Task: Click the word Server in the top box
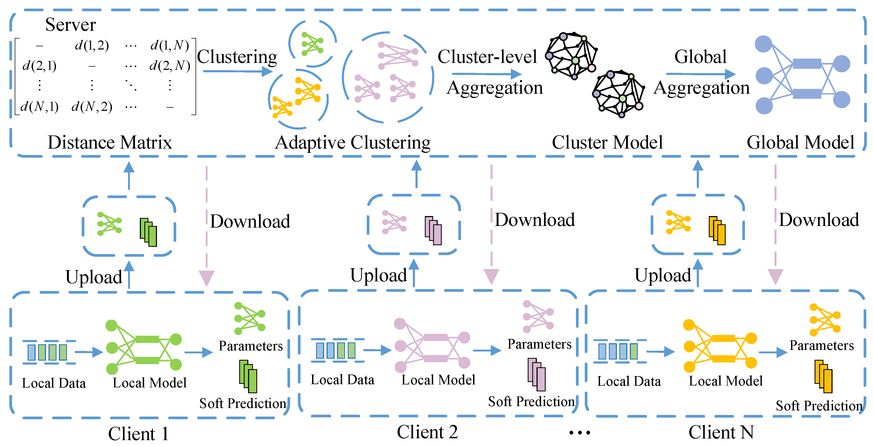70,25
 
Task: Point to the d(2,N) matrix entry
170,65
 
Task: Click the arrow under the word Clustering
237,71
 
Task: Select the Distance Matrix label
110,142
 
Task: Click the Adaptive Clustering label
353,142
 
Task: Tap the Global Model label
800,142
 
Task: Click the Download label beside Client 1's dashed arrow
250,221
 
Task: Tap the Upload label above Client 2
379,275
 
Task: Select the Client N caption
721,432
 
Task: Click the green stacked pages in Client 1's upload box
148,232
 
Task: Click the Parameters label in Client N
822,345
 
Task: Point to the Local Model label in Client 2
438,380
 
